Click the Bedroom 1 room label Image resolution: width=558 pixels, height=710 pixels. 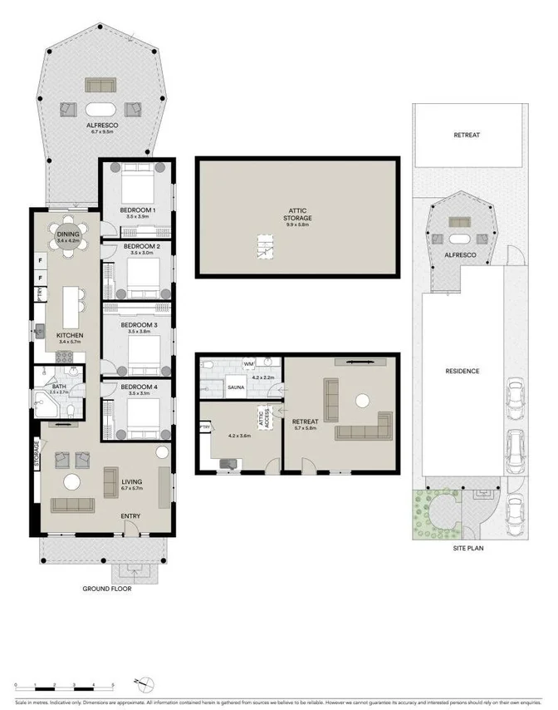136,210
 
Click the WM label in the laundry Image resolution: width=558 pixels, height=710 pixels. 248,364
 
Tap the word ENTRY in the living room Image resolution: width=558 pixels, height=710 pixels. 130,516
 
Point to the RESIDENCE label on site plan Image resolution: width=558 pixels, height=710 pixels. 463,371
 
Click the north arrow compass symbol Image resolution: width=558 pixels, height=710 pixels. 147,684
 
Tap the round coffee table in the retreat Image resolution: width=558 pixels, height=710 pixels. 362,401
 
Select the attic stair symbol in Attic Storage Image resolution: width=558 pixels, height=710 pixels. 265,247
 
